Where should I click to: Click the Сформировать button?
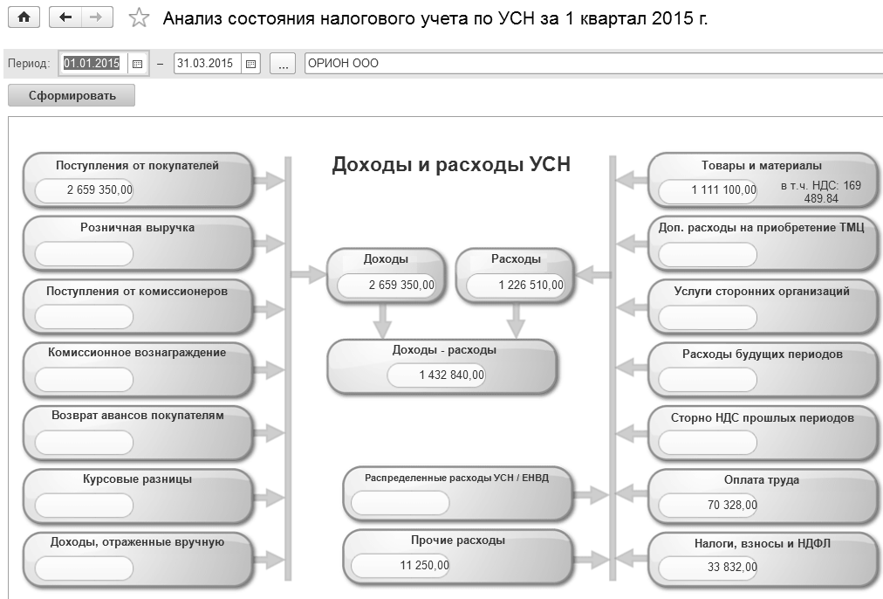[72, 96]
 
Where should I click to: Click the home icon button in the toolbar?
[24, 17]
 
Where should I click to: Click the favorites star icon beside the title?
[138, 18]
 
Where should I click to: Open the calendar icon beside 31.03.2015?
[250, 64]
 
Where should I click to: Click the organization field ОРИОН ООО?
[593, 64]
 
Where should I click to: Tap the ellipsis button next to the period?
[283, 64]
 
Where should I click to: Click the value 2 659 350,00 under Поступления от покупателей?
[86, 189]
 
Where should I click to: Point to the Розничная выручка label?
[137, 228]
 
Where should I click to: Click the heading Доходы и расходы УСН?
[451, 165]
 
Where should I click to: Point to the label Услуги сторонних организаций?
[762, 292]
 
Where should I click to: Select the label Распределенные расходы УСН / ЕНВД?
[457, 478]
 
